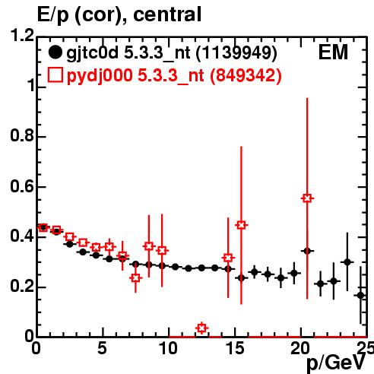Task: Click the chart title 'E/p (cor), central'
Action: click(119, 14)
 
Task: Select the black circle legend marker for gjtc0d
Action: click(55, 52)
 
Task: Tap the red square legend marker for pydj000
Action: click(55, 74)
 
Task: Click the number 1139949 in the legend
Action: click(236, 53)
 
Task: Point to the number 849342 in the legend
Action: click(246, 75)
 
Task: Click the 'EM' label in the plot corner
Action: click(333, 52)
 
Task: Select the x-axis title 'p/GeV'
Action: click(336, 363)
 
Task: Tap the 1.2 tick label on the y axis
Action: click(22, 35)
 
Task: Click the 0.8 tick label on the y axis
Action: click(22, 135)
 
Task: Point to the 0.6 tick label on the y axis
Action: click(22, 186)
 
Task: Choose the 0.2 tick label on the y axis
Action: click(22, 287)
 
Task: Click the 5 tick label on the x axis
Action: click(102, 348)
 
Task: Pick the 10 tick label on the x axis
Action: click(169, 348)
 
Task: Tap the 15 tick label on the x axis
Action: click(235, 348)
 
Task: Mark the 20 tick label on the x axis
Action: click(300, 348)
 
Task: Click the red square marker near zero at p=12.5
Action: click(201, 328)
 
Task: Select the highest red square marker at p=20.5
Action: click(307, 198)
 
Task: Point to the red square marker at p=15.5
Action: click(241, 225)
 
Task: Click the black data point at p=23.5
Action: click(347, 262)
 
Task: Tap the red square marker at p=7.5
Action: click(136, 278)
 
